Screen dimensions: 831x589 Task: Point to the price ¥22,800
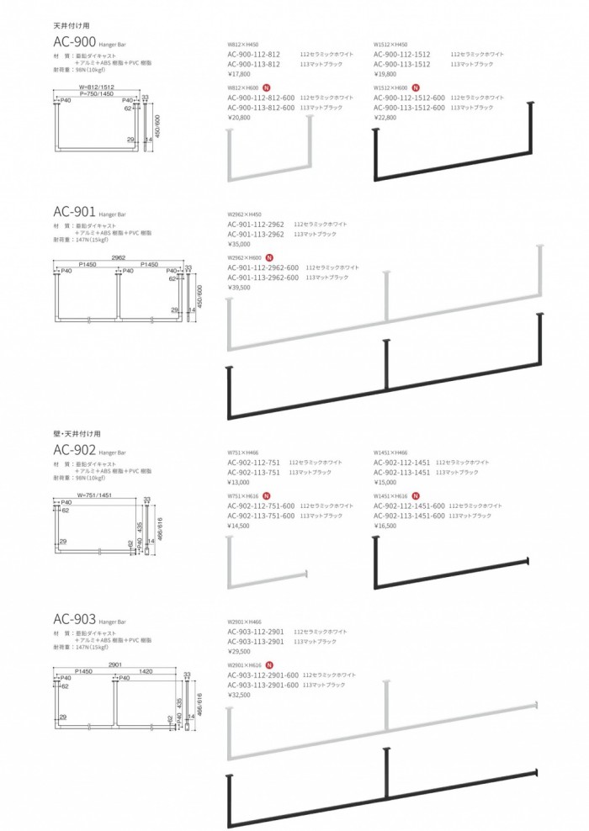[x=385, y=117]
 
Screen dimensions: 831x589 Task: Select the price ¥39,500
[x=240, y=287]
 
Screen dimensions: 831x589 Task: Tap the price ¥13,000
[x=239, y=483]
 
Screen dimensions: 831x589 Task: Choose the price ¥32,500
[x=240, y=695]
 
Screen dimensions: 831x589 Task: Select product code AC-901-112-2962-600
[x=263, y=267]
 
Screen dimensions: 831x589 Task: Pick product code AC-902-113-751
[x=256, y=473]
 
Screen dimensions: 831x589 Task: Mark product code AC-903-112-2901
[x=256, y=631]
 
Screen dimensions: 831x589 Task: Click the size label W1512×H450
[x=390, y=44]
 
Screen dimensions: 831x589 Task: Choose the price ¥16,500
[x=385, y=526]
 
